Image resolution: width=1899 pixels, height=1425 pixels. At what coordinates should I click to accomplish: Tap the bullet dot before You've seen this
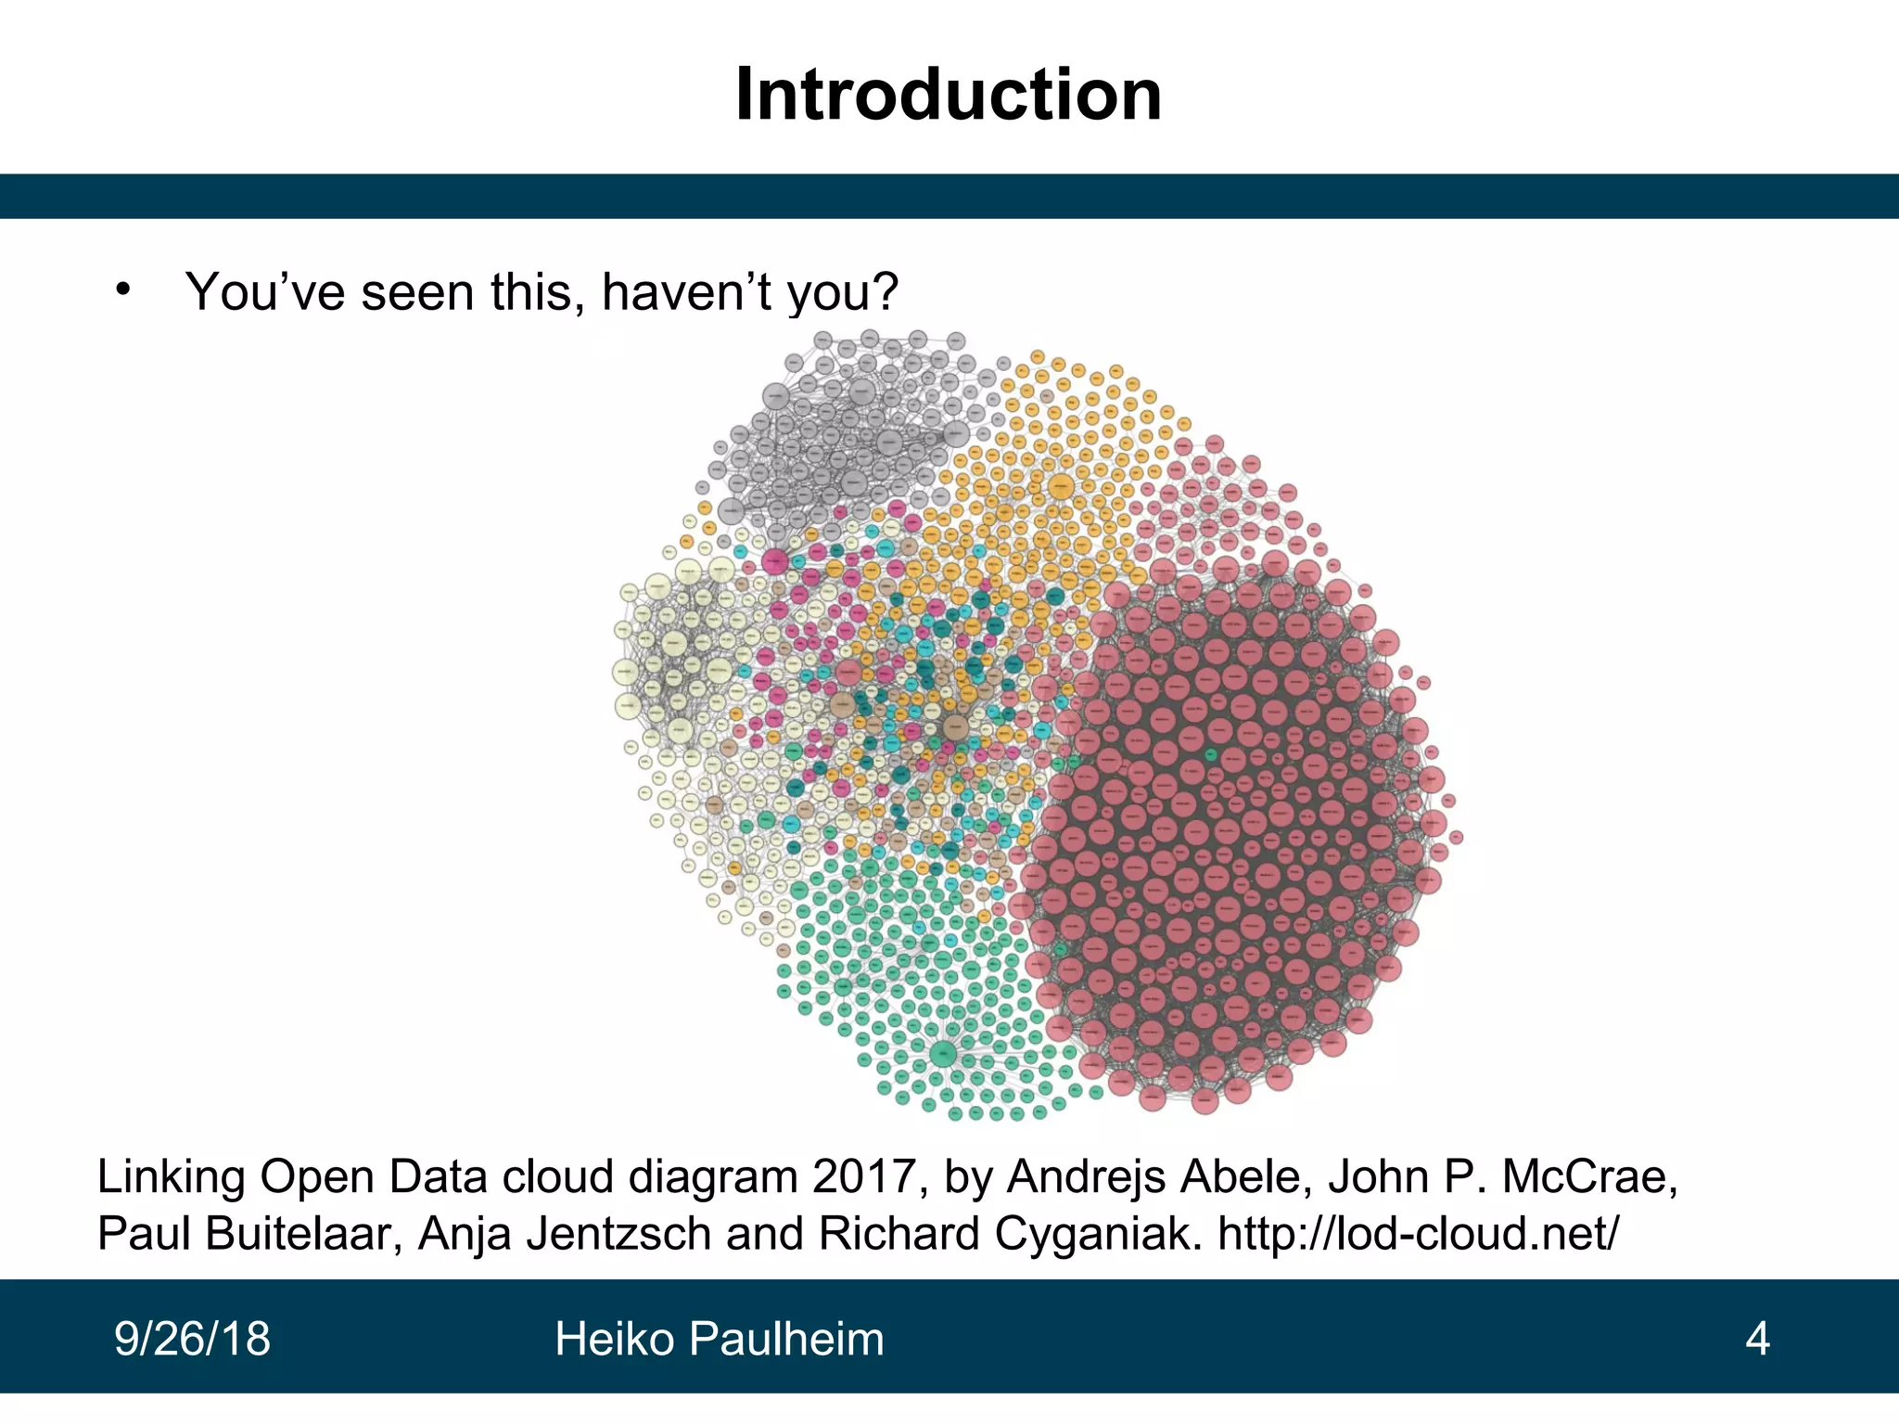click(122, 289)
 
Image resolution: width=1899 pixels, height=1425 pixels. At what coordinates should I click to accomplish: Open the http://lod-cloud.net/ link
click(1419, 1234)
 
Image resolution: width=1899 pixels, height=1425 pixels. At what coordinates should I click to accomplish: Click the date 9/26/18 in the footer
click(192, 1339)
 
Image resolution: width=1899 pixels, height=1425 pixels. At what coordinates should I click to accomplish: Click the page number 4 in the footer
click(1757, 1339)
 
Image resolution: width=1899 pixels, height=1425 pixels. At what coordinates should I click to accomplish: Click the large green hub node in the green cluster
click(942, 1053)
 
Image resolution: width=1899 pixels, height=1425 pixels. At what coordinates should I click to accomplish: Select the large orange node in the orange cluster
click(1061, 486)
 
